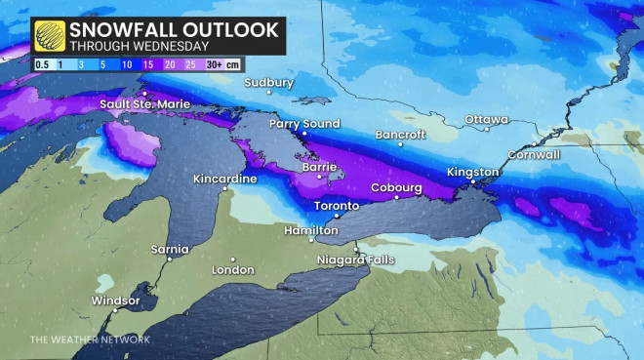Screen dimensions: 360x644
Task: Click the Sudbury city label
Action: (x=268, y=83)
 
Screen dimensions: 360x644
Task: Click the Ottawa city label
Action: (x=487, y=119)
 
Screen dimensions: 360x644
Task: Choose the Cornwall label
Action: (x=534, y=154)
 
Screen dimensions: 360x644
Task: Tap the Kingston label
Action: (x=472, y=173)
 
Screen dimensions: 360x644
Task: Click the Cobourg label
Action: (x=396, y=188)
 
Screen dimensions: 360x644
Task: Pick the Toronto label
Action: (x=337, y=206)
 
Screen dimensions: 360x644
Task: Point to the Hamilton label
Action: (x=310, y=230)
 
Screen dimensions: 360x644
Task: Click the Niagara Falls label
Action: (x=356, y=259)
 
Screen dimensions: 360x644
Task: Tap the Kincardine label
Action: (x=225, y=180)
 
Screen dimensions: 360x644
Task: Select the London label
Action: (x=233, y=269)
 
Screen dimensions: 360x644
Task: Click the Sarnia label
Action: (x=170, y=250)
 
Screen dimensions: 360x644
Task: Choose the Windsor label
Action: (x=116, y=300)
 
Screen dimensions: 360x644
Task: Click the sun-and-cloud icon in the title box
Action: (x=50, y=36)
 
